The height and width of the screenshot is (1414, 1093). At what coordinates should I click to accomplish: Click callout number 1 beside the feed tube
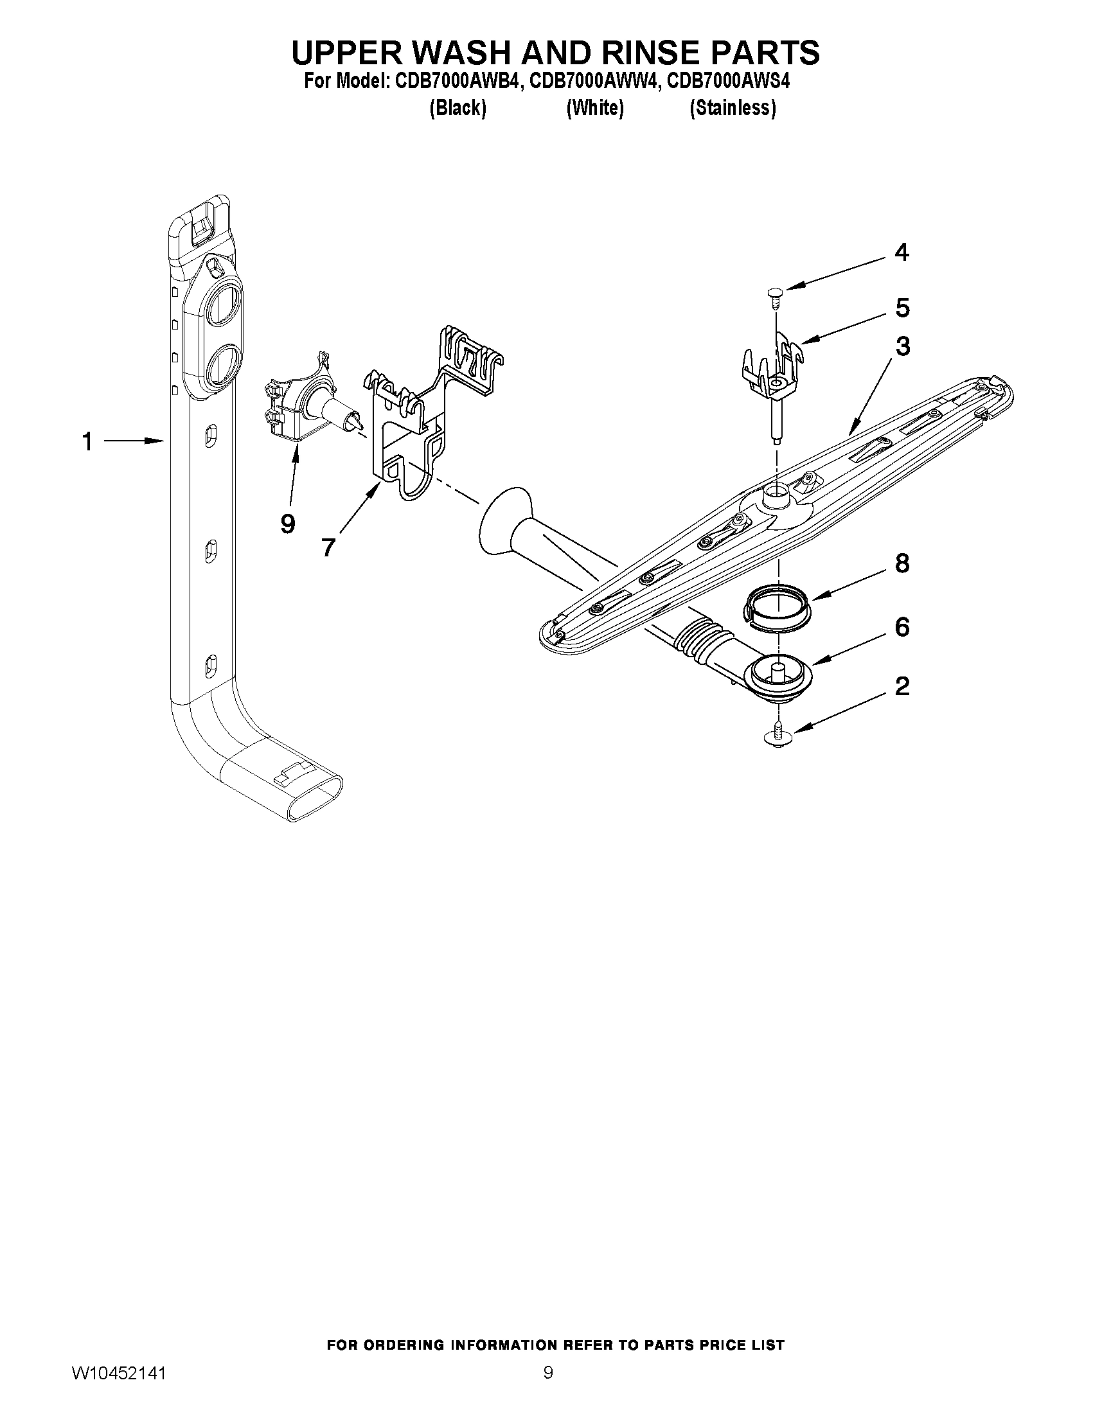pos(87,442)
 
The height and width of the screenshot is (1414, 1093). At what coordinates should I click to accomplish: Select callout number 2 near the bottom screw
pos(902,686)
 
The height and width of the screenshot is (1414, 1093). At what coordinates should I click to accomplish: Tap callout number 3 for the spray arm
pos(903,346)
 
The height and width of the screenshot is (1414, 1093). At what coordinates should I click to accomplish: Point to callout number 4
pos(902,252)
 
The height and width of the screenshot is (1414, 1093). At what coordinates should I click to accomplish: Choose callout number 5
pos(902,308)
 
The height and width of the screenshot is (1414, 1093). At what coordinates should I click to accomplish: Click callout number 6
pos(902,627)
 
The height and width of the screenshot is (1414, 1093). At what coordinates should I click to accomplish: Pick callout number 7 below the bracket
pos(328,547)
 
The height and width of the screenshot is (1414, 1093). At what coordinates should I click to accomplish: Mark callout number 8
pos(902,563)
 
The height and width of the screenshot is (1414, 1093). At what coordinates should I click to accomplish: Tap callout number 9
pos(288,523)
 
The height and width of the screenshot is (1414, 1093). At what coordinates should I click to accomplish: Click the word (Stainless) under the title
pos(733,108)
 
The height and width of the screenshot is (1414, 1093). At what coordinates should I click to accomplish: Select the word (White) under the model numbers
pos(595,108)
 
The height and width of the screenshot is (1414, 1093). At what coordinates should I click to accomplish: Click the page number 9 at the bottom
pos(548,1370)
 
